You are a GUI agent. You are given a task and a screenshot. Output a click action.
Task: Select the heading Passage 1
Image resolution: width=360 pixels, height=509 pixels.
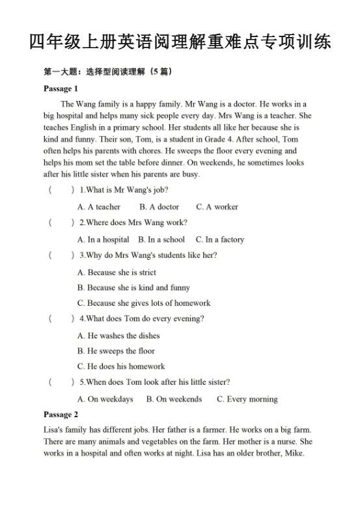coord(61,89)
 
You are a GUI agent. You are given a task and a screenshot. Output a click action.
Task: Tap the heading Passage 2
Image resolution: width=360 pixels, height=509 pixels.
coord(61,415)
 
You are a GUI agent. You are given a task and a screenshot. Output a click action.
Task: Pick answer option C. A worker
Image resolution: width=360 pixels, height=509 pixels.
coord(217,207)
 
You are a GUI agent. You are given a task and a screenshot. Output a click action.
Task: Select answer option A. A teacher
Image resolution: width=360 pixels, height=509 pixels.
coord(99,207)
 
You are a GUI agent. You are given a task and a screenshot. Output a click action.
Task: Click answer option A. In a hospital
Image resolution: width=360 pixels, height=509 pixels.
coord(103,240)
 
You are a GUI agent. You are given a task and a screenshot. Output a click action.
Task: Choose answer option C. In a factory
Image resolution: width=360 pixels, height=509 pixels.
coord(220,240)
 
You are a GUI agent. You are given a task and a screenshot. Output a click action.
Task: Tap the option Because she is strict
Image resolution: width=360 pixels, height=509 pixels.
coord(117,273)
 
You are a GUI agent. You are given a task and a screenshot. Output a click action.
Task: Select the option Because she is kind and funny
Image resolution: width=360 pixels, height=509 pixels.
coord(133,288)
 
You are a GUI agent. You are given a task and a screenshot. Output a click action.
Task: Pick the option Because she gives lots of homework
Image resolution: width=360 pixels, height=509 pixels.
coord(144,303)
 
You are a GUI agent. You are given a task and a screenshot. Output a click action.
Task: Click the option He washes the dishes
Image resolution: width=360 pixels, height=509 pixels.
coord(118,336)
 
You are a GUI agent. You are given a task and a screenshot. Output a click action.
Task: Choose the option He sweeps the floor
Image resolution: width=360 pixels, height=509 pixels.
coord(116,351)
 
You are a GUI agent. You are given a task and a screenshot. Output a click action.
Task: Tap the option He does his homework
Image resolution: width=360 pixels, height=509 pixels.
coord(121,366)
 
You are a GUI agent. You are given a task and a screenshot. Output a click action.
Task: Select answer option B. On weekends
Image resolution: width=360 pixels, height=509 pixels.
coord(174,399)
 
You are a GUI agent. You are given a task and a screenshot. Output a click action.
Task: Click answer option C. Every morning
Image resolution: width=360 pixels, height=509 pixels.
coord(247,399)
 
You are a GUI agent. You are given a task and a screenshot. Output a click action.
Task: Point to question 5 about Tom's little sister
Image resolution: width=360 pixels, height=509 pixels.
coord(154,382)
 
